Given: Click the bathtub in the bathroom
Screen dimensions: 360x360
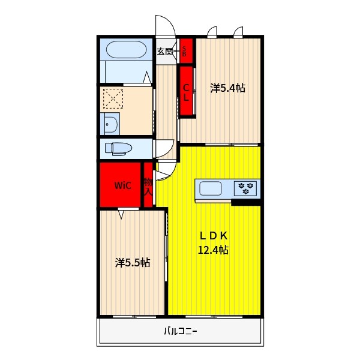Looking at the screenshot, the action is (x=126, y=49).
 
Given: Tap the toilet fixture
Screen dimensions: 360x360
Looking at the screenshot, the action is (x=118, y=149).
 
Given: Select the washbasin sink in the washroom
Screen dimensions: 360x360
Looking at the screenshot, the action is (x=110, y=124).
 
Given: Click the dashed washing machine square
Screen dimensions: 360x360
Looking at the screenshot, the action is (x=113, y=98).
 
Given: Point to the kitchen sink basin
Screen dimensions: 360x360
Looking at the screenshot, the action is (x=211, y=188).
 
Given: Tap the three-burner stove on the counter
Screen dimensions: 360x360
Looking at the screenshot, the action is (x=245, y=188).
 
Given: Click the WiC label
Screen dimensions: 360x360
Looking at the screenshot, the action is (x=123, y=185).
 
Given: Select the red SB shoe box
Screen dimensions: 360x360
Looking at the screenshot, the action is (x=186, y=51).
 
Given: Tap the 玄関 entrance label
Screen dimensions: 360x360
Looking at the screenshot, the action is (x=164, y=51).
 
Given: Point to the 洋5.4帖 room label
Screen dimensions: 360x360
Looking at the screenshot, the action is (x=227, y=88).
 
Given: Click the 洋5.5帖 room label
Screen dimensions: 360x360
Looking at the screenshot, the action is (x=133, y=263).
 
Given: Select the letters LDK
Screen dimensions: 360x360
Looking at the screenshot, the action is (x=214, y=236).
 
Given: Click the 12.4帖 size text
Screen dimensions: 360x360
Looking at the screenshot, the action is (x=213, y=250).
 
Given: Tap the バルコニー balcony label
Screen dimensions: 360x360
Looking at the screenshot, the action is (x=181, y=331).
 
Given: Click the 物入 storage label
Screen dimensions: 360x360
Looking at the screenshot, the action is (x=148, y=187).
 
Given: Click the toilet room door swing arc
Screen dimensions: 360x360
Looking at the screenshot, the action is (x=170, y=151).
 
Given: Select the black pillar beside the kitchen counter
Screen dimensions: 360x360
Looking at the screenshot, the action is (x=245, y=202).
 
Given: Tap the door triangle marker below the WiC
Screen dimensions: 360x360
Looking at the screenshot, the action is (x=121, y=214).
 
